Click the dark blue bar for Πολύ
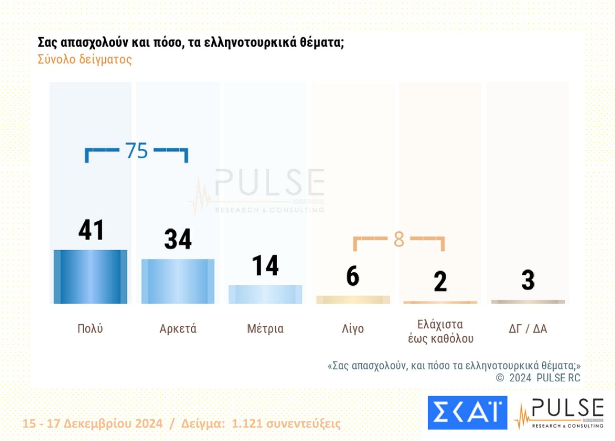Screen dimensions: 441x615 [90, 276]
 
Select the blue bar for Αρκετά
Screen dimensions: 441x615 [178, 281]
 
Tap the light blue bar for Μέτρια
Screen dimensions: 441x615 [265, 294]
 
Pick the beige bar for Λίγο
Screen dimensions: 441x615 [353, 300]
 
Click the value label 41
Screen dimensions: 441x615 [91, 230]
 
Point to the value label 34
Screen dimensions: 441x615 [178, 239]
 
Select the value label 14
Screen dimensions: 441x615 [265, 265]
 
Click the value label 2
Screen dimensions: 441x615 [440, 281]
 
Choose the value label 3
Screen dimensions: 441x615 [528, 280]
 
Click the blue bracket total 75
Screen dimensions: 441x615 [136, 150]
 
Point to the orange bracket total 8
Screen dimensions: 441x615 [399, 239]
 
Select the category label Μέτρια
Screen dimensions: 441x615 [265, 329]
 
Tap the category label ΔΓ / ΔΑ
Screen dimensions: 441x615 [528, 329]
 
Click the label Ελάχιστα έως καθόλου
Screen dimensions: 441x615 [440, 331]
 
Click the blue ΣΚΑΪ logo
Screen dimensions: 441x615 [467, 412]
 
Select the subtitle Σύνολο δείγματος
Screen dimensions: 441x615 [85, 60]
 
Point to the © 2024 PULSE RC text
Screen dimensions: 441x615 [538, 378]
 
